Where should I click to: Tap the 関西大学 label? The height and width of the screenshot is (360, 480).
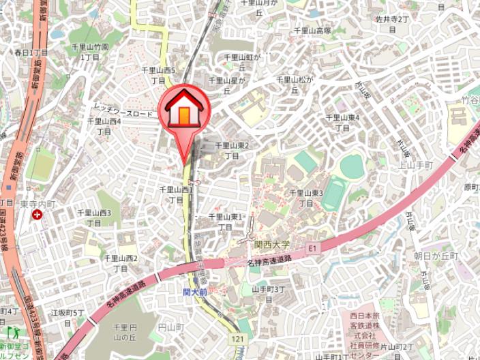click(272, 243)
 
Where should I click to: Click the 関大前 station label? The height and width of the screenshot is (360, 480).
click(196, 291)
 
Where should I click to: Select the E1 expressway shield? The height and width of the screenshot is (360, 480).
click(313, 247)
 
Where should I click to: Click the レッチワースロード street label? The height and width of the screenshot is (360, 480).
click(123, 113)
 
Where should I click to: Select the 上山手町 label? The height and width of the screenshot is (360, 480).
click(416, 165)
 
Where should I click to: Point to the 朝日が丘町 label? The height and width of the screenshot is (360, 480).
click(436, 255)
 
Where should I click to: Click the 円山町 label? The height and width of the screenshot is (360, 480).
click(170, 328)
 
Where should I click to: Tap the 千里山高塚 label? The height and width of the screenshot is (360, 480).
click(312, 31)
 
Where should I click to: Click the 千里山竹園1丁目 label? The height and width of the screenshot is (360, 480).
click(90, 52)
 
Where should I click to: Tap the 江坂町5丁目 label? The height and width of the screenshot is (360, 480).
click(67, 317)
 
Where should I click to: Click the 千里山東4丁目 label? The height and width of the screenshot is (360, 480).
click(342, 122)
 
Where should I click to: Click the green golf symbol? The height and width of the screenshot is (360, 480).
click(12, 333)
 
